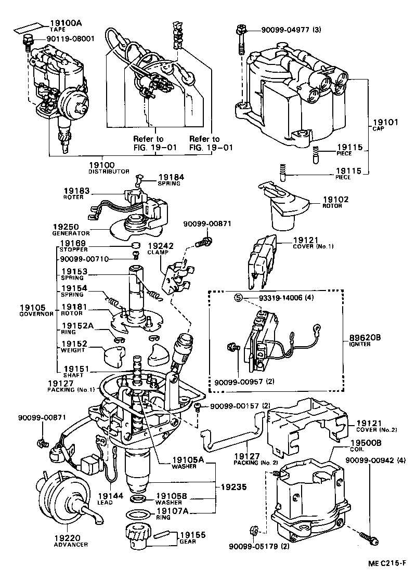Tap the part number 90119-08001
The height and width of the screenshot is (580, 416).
coord(70,38)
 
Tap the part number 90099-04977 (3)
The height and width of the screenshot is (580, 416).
coord(286,30)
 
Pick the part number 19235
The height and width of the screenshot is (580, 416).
coord(235,487)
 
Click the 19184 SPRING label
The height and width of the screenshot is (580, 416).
coord(171,180)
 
